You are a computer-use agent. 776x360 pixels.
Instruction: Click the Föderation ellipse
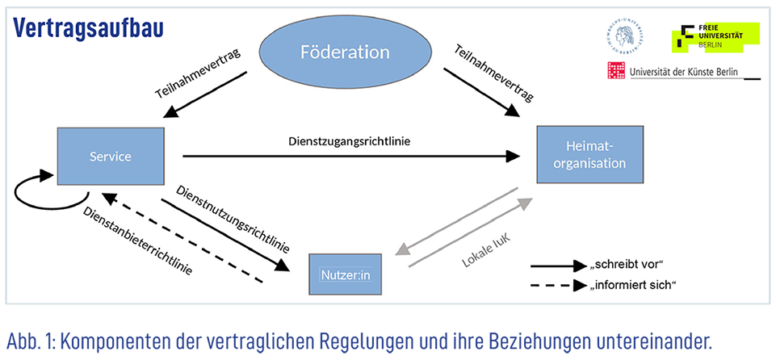point(345,53)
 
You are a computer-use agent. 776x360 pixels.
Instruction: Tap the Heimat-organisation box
point(590,156)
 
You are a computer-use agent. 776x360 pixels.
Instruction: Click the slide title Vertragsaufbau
point(88,27)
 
